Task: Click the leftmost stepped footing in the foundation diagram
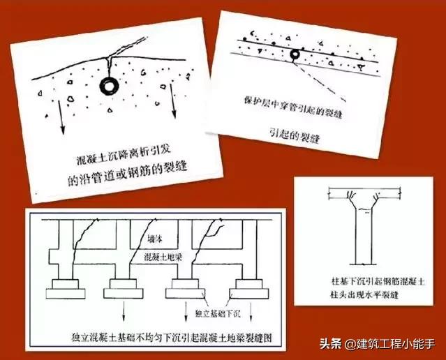click(71, 287)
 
